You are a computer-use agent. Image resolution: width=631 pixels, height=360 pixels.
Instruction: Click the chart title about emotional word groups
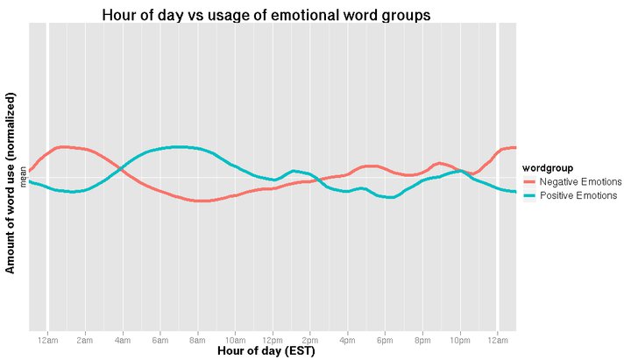click(x=266, y=15)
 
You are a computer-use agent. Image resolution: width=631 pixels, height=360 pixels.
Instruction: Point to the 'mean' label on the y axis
click(x=24, y=178)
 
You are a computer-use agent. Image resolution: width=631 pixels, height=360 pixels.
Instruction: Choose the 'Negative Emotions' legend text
click(x=580, y=181)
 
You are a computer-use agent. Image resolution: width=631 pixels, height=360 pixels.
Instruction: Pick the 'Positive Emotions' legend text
click(x=578, y=195)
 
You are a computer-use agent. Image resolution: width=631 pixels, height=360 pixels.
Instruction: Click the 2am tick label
click(x=85, y=338)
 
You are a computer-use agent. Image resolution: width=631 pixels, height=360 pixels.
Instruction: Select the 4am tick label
click(x=123, y=338)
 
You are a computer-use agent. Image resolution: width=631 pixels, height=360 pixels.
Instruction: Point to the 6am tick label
click(x=160, y=338)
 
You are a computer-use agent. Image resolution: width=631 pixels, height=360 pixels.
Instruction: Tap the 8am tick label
click(x=197, y=338)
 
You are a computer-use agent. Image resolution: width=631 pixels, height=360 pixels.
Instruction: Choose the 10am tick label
click(x=235, y=338)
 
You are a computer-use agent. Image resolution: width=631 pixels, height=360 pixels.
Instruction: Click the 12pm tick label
click(x=273, y=338)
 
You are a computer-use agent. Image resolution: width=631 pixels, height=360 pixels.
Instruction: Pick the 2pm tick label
click(x=310, y=338)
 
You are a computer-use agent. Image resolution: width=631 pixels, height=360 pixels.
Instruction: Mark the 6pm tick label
click(x=385, y=338)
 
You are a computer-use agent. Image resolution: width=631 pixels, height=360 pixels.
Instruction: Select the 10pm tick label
click(x=460, y=338)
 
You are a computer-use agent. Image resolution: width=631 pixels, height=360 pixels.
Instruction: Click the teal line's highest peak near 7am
click(x=179, y=147)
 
